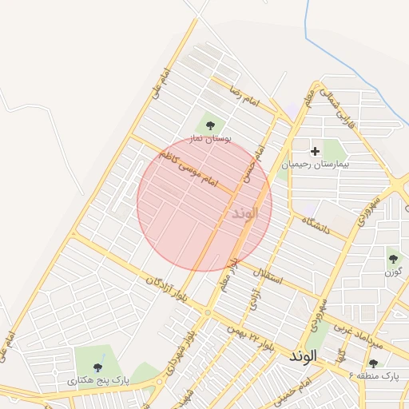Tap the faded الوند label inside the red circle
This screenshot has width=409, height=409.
pos(245,213)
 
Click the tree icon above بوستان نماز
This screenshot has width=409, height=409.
pos(210,125)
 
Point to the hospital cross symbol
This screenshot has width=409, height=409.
pos(315,150)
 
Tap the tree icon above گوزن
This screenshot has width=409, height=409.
pos(393,258)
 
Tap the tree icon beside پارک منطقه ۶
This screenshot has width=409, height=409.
pos(373,363)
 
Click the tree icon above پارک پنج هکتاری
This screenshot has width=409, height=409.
pos(97,367)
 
